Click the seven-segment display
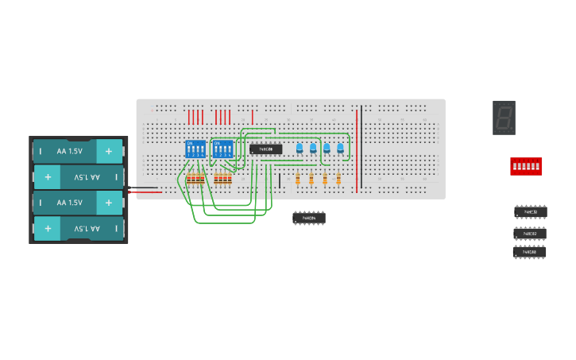click(x=504, y=118)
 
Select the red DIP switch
click(x=526, y=166)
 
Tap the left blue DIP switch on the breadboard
click(x=195, y=149)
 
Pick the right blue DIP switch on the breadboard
click(x=223, y=149)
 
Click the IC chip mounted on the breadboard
click(x=265, y=149)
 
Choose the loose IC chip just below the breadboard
click(x=308, y=217)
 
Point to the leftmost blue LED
click(x=300, y=148)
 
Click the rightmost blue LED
click(x=340, y=148)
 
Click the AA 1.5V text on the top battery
click(x=69, y=151)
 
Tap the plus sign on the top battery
click(x=109, y=151)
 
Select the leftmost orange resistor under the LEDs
click(x=298, y=179)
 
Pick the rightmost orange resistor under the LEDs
click(x=338, y=179)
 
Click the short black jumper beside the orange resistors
click(x=280, y=180)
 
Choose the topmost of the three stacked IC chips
click(x=530, y=211)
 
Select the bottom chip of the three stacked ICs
click(x=529, y=251)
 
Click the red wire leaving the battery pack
click(x=147, y=192)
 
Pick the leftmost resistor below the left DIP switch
click(x=188, y=179)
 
